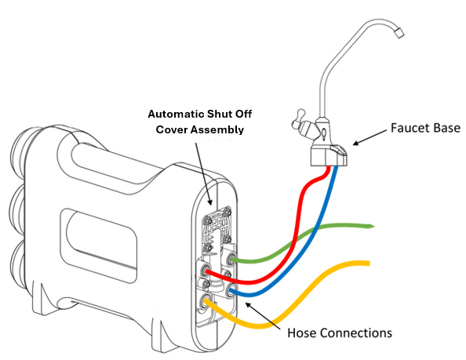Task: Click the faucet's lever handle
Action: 298,119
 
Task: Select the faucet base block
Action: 329,155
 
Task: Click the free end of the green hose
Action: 373,227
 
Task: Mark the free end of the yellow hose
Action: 369,264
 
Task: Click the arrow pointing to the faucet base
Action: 370,137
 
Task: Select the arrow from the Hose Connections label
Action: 263,315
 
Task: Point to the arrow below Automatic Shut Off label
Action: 204,174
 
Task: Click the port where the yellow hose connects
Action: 206,300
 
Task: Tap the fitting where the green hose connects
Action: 231,259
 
